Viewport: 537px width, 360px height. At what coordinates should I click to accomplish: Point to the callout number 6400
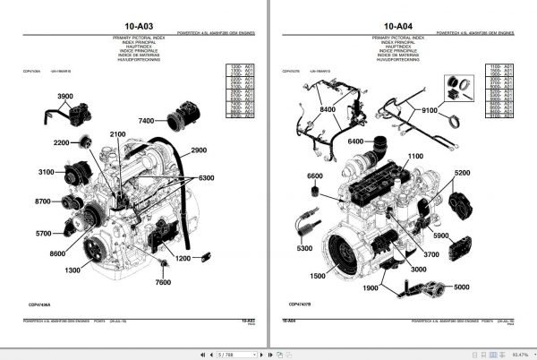point(357,141)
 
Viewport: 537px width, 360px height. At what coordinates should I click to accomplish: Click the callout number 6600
point(316,176)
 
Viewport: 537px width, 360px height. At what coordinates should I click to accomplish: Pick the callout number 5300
point(305,248)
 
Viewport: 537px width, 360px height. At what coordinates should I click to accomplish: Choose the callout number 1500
point(317,276)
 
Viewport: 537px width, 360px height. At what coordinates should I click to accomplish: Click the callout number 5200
point(462,173)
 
